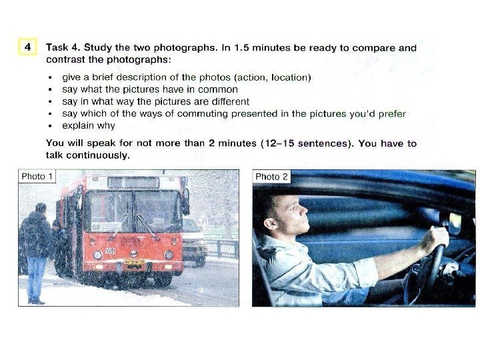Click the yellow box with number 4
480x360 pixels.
[x=27, y=47]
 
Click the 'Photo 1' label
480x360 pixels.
[x=37, y=177]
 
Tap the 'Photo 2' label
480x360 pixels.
[x=271, y=177]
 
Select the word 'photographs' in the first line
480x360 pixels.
[x=185, y=48]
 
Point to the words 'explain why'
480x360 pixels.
[x=89, y=126]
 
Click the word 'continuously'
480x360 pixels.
[x=98, y=155]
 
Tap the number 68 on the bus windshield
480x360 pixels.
[x=96, y=227]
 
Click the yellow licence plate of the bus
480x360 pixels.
[x=134, y=263]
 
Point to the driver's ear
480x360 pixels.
[x=270, y=225]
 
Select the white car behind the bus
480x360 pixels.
[x=194, y=241]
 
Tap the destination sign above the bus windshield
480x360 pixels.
[x=133, y=183]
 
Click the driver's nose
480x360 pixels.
[x=303, y=210]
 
